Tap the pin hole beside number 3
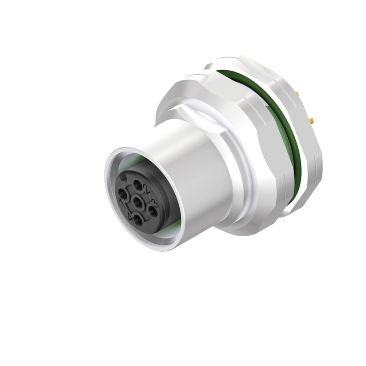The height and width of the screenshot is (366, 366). click(x=152, y=211)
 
